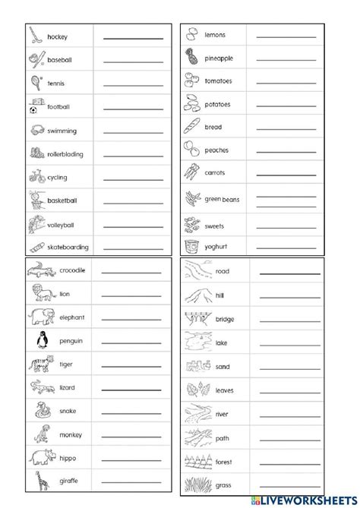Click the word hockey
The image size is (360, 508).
[x=57, y=36]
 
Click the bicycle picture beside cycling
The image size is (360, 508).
[x=36, y=177]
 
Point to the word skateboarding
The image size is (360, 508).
[x=68, y=248]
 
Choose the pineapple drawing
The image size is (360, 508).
[x=191, y=57]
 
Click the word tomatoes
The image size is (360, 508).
[x=218, y=81]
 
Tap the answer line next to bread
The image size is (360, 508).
[x=286, y=128]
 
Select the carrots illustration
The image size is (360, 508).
[x=191, y=172]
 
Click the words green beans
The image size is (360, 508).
[x=222, y=199]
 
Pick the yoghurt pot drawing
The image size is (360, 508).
[x=191, y=245]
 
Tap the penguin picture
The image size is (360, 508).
[x=39, y=340]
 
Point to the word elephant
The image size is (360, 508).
[x=71, y=317]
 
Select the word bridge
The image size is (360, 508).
[x=225, y=320]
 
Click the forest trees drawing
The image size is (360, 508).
[x=196, y=461]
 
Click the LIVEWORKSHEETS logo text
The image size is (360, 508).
[x=308, y=499]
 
